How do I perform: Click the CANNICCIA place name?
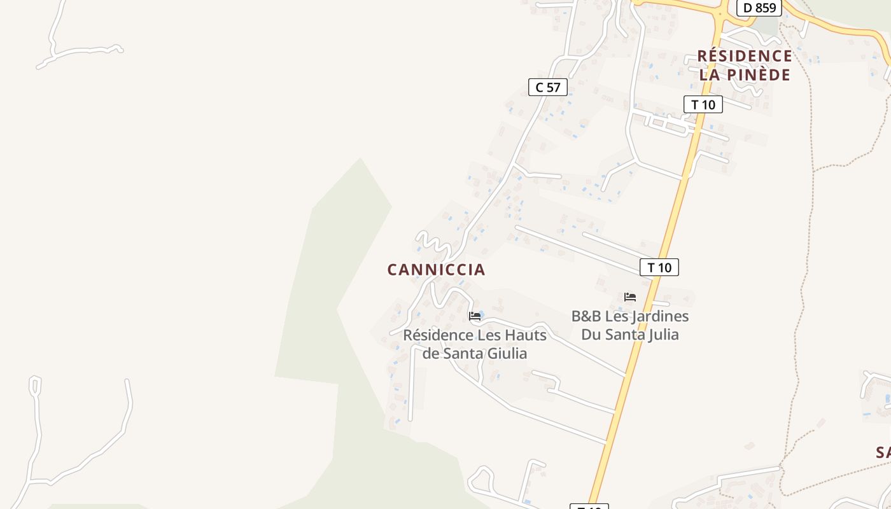pos(436,270)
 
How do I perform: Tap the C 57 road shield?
pos(547,87)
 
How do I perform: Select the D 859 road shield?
pos(759,8)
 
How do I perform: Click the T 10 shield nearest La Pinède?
pos(703,104)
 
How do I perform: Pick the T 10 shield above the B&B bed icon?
pos(659,267)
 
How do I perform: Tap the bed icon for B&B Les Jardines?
pos(630,297)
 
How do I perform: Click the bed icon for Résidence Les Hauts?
pos(475,316)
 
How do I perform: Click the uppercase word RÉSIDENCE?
pos(745,56)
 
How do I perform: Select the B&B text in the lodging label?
pos(586,316)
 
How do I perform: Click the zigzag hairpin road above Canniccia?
pos(433,243)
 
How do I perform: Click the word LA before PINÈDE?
pos(709,75)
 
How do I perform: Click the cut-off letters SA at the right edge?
pos(883,453)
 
